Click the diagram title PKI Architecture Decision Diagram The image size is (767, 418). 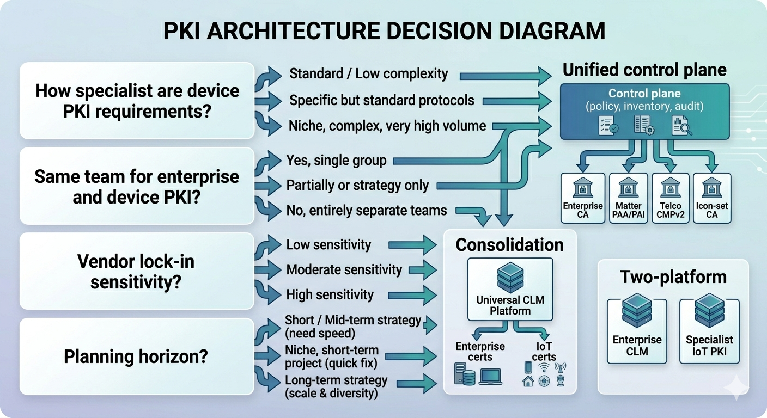(x=384, y=30)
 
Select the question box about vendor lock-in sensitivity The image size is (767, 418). (x=136, y=271)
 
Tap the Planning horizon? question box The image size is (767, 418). (x=136, y=356)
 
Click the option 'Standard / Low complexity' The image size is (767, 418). (x=368, y=73)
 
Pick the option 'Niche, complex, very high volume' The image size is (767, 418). (x=387, y=126)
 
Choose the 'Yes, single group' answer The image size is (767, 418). (x=336, y=160)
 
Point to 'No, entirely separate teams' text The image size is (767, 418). (x=366, y=210)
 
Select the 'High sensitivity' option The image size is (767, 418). (x=330, y=295)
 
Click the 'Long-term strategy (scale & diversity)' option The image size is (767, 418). (x=336, y=386)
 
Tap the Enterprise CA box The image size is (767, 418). (x=583, y=198)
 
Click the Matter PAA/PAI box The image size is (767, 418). (x=628, y=198)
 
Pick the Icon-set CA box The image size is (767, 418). (x=711, y=198)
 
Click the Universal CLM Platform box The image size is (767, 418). (x=510, y=289)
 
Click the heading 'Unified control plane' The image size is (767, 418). (x=644, y=70)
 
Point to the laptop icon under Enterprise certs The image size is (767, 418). (x=490, y=377)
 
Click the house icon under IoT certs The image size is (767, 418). (x=527, y=381)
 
